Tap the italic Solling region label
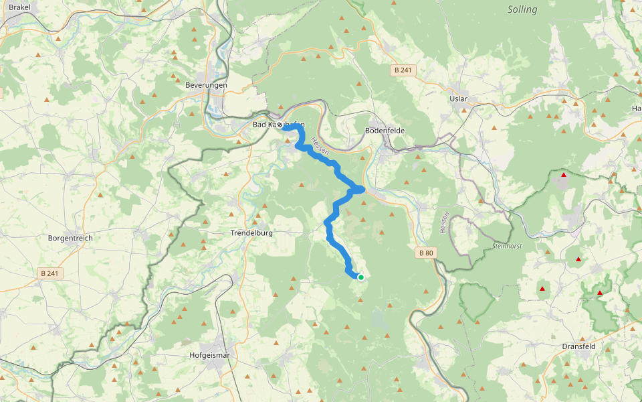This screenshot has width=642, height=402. click(x=522, y=9)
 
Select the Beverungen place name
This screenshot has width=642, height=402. click(x=206, y=85)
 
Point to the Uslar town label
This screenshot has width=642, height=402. click(x=458, y=98)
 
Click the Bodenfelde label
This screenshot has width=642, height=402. click(x=385, y=130)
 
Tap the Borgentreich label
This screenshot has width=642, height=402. click(x=70, y=238)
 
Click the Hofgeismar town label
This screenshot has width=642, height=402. click(x=210, y=355)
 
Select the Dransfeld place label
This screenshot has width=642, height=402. click(x=578, y=346)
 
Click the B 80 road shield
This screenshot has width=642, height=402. click(x=425, y=253)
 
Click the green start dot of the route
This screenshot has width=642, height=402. click(x=360, y=277)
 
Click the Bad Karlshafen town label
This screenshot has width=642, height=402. click(x=278, y=125)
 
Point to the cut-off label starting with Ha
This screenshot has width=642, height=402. click(x=636, y=108)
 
